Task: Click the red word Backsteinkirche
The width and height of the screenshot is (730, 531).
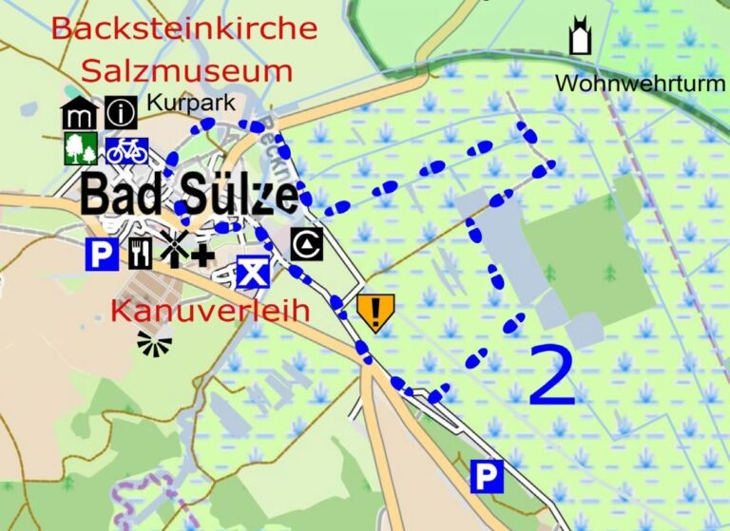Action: point(183,28)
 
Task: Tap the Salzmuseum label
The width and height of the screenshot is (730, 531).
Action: point(186,70)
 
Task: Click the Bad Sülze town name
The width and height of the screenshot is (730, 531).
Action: point(188,195)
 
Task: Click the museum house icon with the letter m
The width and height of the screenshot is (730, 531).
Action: point(79,113)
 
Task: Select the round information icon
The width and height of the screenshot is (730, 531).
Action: point(121,113)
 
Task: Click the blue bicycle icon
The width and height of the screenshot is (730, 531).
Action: point(126,150)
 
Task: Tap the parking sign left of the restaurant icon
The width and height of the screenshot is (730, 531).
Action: point(102,254)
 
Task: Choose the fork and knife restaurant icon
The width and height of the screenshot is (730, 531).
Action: point(140,252)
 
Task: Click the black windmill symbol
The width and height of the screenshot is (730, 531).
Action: point(172,249)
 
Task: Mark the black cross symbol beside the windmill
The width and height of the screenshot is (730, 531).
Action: point(202,254)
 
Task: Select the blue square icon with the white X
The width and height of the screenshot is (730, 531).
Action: point(251,273)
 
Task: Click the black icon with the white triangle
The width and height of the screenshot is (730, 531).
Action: point(307,244)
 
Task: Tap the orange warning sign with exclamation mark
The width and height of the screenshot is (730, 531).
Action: point(375,312)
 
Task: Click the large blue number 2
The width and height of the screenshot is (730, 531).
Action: point(552,374)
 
